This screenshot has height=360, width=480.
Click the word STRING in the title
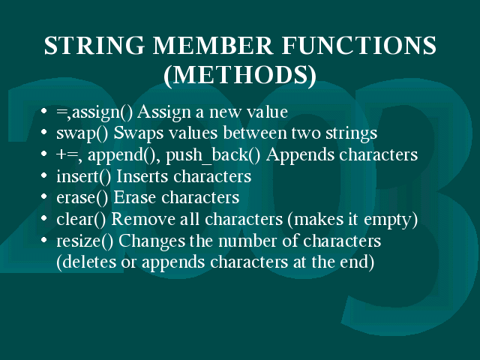pos(94,46)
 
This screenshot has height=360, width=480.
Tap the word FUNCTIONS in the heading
pos(358,46)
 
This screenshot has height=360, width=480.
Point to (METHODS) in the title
pos(240,75)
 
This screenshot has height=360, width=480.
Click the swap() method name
pos(82,133)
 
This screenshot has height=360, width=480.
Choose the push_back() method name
pos(213,155)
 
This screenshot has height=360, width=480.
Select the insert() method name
pos(83,177)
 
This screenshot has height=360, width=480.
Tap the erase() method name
pos(82,198)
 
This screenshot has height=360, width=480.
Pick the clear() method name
pos(81,220)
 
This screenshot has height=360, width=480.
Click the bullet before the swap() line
pos(43,132)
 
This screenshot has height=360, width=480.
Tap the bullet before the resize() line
pos(43,240)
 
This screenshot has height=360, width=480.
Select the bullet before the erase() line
pos(43,196)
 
